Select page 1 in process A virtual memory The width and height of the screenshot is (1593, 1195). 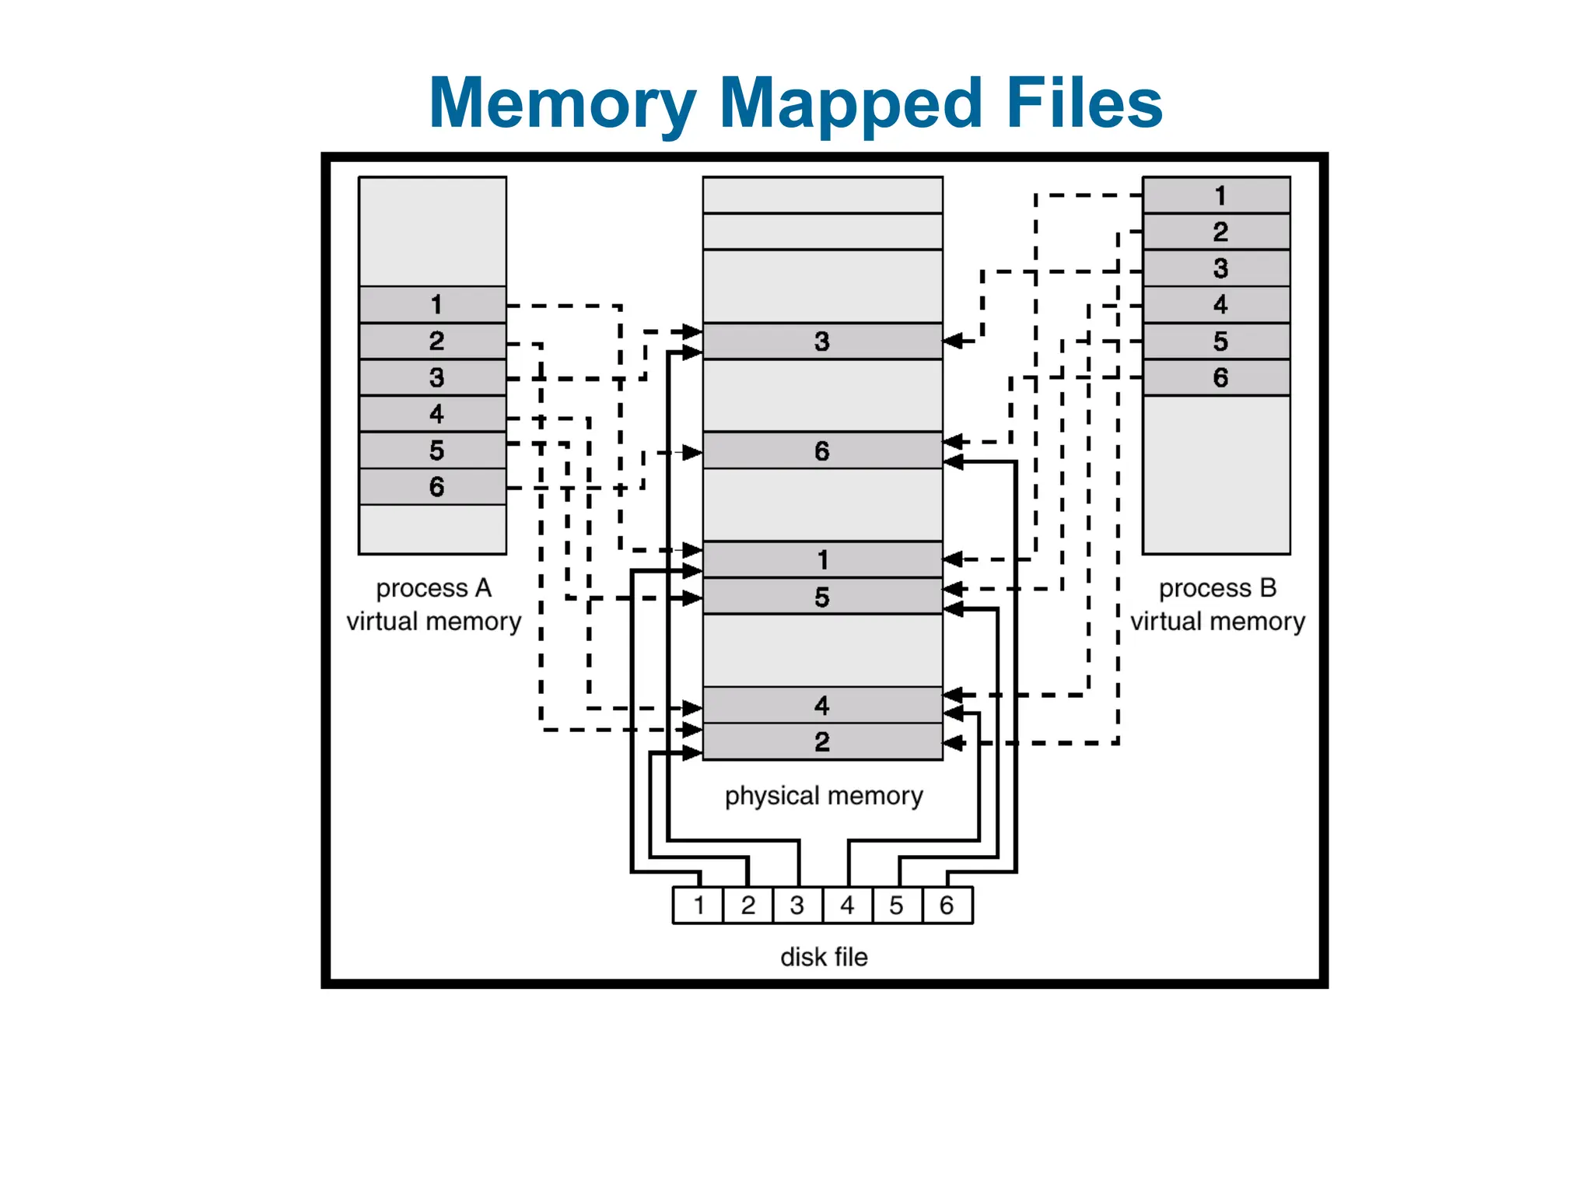pyautogui.click(x=432, y=304)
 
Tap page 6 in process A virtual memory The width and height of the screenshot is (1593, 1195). pyautogui.click(x=432, y=487)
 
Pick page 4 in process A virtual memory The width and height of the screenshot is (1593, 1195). pyautogui.click(x=432, y=414)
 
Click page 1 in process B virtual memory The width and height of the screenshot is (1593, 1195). pyautogui.click(x=1216, y=195)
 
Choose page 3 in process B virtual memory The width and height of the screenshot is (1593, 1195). pyautogui.click(x=1216, y=268)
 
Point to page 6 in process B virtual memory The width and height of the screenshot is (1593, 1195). pyautogui.click(x=1216, y=378)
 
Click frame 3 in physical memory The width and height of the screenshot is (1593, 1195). pyautogui.click(x=822, y=341)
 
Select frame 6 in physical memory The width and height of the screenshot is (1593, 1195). pyautogui.click(x=822, y=450)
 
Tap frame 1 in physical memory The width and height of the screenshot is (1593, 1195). pyautogui.click(x=822, y=559)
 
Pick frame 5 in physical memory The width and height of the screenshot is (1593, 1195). pyautogui.click(x=822, y=597)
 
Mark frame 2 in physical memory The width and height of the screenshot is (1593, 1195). pyautogui.click(x=822, y=741)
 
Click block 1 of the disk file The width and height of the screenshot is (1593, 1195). pyautogui.click(x=698, y=906)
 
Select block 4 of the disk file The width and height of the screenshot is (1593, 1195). pyautogui.click(x=847, y=906)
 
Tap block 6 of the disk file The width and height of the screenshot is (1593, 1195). pyautogui.click(x=947, y=906)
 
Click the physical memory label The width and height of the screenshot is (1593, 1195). pyautogui.click(x=824, y=796)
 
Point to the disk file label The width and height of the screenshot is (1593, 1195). pyautogui.click(x=824, y=957)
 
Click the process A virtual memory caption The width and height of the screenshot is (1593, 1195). pyautogui.click(x=433, y=605)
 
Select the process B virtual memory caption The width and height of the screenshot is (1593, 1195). pyautogui.click(x=1217, y=605)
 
